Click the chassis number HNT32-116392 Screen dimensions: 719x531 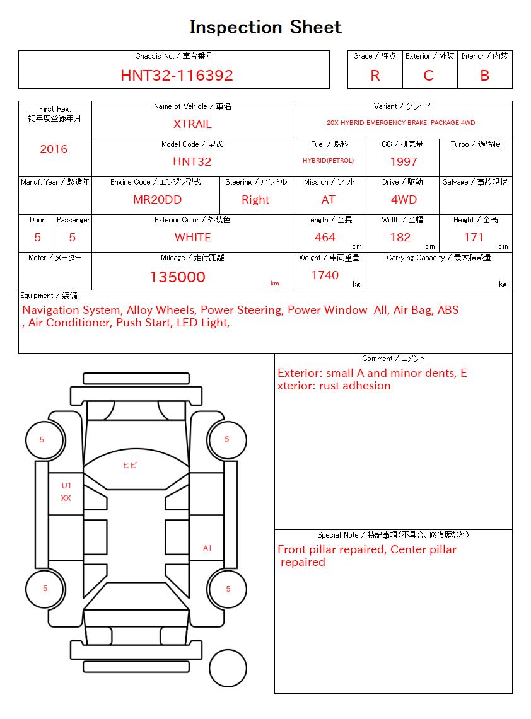177,76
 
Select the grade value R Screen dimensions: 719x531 375,76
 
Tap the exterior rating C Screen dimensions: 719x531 429,76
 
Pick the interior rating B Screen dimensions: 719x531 484,76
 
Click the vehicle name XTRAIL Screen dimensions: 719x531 192,124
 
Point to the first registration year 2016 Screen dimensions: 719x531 54,149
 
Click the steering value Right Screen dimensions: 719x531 255,200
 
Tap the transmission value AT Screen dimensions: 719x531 329,200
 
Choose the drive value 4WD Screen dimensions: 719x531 404,200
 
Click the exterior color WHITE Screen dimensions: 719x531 192,238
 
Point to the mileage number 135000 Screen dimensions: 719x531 177,277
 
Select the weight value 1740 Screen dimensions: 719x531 325,275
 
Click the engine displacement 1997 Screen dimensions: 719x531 404,162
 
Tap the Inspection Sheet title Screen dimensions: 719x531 265,27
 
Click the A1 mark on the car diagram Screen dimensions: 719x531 207,548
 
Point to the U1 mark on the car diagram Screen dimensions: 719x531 66,486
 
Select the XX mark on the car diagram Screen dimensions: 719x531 66,498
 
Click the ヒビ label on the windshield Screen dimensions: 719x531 130,465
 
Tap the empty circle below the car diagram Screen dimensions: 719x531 228,668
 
